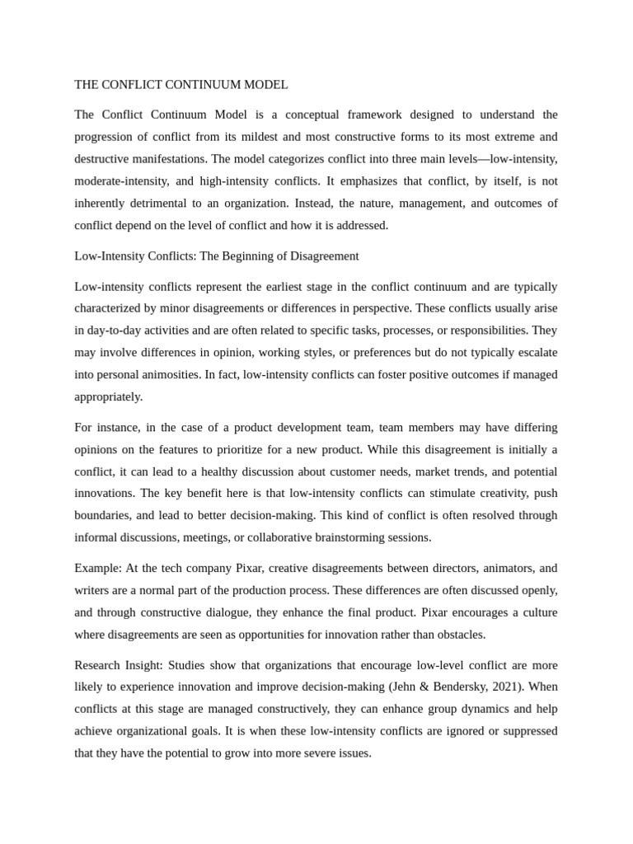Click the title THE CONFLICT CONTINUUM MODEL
click(181, 85)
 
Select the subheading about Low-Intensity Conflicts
click(217, 256)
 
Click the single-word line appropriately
click(108, 396)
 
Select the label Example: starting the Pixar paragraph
click(98, 569)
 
